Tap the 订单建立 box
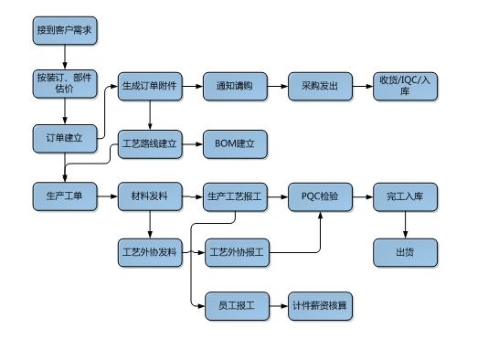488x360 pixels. [64, 139]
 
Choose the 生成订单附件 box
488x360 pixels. [149, 87]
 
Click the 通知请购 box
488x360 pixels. [234, 87]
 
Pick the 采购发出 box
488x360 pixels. [320, 87]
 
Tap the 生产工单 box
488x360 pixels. [64, 196]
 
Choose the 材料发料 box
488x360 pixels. [149, 196]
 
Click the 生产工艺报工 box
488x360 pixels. [234, 196]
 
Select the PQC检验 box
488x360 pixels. [320, 196]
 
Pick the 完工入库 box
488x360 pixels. [405, 196]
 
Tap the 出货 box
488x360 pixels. [405, 251]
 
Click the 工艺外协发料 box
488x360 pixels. [149, 251]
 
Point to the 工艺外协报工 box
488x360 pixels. [234, 251]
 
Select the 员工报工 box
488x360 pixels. [234, 306]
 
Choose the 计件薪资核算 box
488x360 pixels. [320, 306]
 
